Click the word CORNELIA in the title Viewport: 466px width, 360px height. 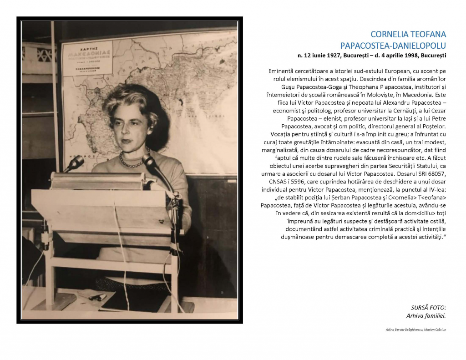click(390, 35)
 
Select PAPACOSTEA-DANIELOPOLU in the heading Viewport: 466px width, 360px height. click(393, 45)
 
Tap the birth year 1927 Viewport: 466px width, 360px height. click(334, 56)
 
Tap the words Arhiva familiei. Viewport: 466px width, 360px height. click(426, 315)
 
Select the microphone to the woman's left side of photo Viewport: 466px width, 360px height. click(75, 162)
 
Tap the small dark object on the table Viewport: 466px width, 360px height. click(97, 297)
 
